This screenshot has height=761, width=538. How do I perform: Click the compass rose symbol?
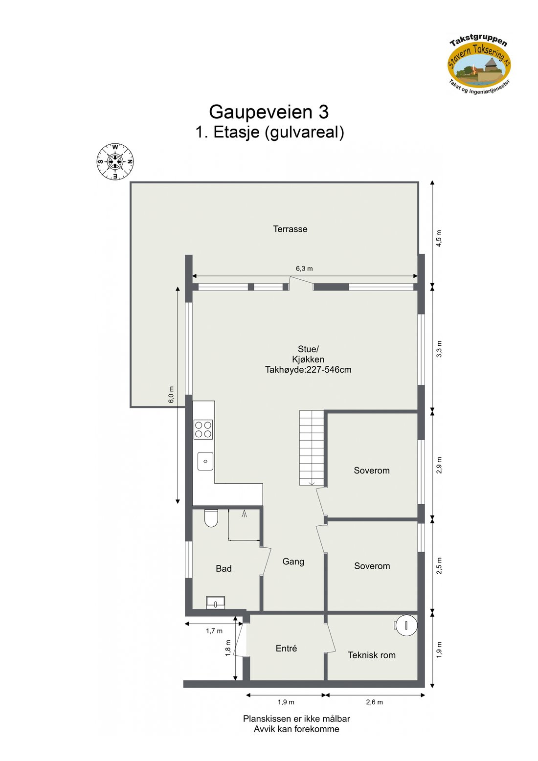click(x=115, y=161)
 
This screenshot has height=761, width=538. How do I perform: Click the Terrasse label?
click(x=290, y=229)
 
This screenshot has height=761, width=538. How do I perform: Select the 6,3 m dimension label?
click(x=304, y=269)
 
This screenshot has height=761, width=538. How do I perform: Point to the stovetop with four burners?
click(x=203, y=429)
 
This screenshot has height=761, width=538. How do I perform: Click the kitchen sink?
click(x=205, y=461)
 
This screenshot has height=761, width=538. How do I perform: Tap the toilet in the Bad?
click(x=211, y=518)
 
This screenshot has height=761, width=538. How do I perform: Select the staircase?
click(x=312, y=448)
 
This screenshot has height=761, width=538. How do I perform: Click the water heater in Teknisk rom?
click(x=405, y=625)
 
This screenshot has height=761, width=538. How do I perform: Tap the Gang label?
click(x=293, y=561)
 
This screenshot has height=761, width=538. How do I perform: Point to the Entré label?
click(x=286, y=648)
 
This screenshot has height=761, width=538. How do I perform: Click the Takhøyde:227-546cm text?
click(x=308, y=370)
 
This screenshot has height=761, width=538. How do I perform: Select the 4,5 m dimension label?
click(x=439, y=238)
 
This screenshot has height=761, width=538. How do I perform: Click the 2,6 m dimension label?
click(x=374, y=702)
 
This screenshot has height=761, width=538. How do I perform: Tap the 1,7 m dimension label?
click(x=214, y=631)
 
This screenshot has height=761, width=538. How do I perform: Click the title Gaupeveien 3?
click(x=269, y=112)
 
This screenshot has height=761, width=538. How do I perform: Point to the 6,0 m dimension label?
click(x=171, y=395)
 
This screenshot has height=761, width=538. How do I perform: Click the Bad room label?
click(x=224, y=568)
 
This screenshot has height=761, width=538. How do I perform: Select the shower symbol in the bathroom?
click(x=244, y=514)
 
